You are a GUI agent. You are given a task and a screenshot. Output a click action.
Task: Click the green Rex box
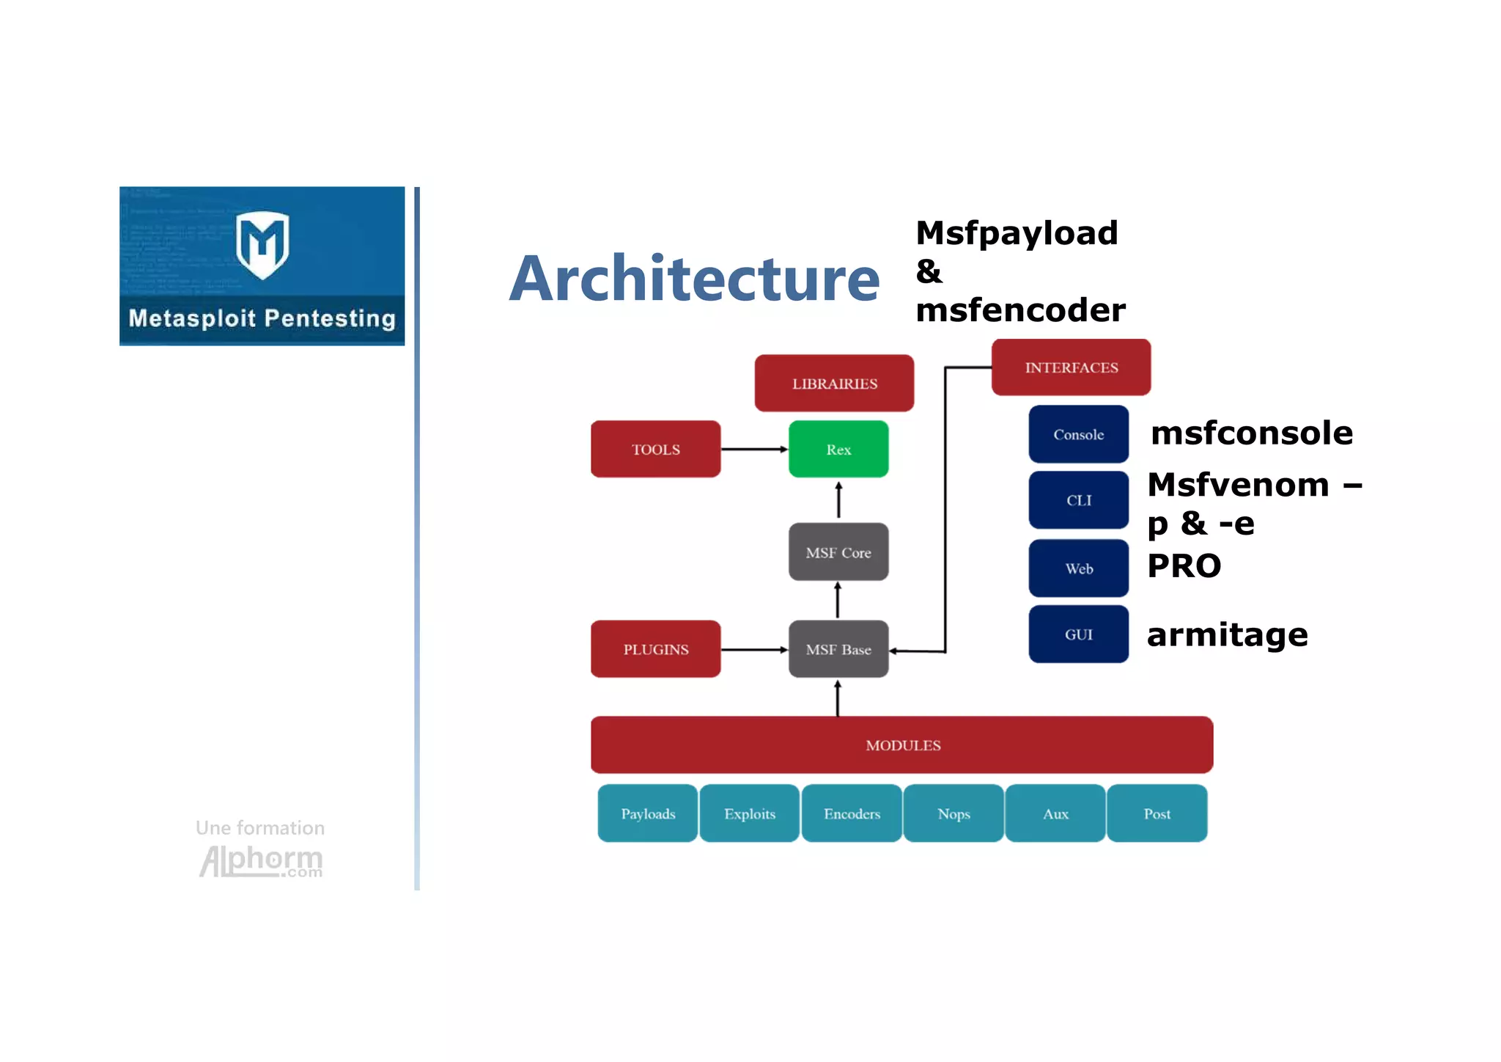tap(838, 449)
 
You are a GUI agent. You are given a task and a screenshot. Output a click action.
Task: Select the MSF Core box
tap(838, 552)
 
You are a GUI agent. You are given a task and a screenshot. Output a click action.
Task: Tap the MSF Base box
tap(838, 649)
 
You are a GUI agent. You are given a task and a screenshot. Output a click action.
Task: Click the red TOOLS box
tap(655, 449)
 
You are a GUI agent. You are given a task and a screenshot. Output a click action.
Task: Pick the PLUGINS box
tap(655, 649)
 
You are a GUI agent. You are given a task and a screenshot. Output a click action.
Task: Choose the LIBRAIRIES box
tap(834, 383)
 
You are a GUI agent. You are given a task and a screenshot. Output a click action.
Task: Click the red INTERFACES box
tap(1071, 367)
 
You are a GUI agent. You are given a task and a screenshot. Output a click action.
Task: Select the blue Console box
tap(1078, 434)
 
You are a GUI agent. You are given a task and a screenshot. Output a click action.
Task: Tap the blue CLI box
tap(1078, 500)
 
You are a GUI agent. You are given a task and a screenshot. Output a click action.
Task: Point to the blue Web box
tap(1078, 568)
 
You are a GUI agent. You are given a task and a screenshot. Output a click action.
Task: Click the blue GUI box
tap(1078, 634)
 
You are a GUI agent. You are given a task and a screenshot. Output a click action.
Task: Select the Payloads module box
tap(648, 813)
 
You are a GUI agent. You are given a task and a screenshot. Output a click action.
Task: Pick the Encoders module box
tap(852, 813)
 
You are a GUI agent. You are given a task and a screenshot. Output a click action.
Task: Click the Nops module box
tap(954, 813)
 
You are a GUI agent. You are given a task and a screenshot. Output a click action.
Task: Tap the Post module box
tap(1157, 813)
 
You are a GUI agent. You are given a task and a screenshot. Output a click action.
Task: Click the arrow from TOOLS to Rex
tap(754, 449)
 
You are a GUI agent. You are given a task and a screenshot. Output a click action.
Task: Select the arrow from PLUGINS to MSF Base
tap(754, 649)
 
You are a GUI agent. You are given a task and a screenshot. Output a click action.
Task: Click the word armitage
tap(1227, 635)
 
